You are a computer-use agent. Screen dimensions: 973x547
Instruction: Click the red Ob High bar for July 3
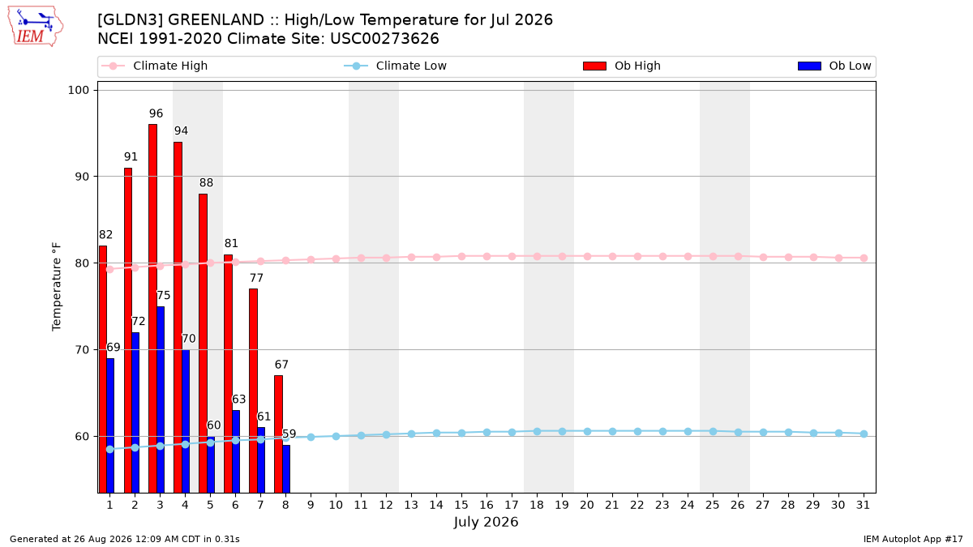[153, 308]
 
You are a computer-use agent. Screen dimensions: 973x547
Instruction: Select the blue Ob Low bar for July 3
[161, 400]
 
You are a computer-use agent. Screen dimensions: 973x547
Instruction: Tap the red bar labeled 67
[278, 434]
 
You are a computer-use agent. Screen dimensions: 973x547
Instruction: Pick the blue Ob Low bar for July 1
[110, 425]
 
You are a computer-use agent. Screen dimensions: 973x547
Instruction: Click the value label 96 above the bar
[156, 113]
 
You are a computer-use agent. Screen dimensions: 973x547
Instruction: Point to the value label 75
[163, 295]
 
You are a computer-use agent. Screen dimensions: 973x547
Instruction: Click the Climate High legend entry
[154, 66]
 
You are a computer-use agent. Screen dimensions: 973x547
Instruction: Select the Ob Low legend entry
[834, 66]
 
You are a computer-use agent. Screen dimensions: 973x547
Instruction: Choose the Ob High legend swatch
[594, 66]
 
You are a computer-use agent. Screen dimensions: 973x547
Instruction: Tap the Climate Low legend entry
[395, 66]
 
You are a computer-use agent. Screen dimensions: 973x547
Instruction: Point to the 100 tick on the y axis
[78, 90]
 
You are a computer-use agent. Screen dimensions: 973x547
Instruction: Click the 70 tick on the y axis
[82, 349]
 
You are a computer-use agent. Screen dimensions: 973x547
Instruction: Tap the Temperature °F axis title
[57, 287]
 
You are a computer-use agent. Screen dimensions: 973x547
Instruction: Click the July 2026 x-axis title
[486, 522]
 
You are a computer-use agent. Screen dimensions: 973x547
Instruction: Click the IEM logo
[36, 27]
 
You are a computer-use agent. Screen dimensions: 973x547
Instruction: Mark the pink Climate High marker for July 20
[587, 257]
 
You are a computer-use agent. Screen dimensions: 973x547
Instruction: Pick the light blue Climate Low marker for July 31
[864, 434]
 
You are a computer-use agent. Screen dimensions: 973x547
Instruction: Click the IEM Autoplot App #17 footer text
[913, 539]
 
